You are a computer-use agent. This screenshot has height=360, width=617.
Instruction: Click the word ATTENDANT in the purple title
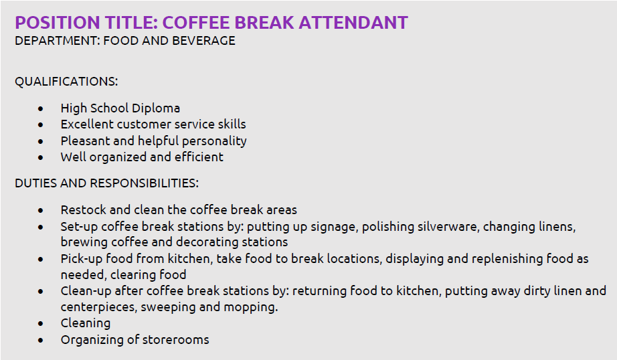353,23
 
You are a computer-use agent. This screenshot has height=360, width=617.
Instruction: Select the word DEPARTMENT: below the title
58,41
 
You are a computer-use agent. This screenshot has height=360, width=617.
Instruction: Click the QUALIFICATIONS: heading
66,82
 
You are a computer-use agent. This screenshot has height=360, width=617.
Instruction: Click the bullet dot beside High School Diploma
41,108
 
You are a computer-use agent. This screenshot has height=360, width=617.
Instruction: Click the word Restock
84,209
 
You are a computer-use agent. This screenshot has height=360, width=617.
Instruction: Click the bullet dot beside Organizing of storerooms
41,341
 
